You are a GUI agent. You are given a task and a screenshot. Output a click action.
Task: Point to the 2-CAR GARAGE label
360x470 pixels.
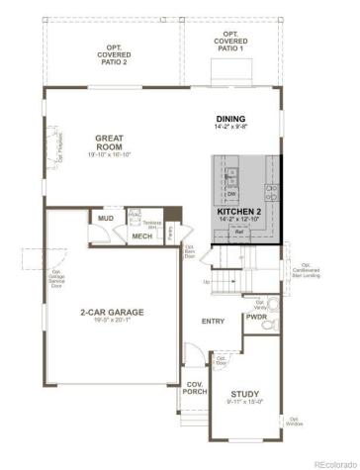pyautogui.click(x=112, y=313)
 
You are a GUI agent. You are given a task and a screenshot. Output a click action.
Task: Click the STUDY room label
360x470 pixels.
pyautogui.click(x=244, y=393)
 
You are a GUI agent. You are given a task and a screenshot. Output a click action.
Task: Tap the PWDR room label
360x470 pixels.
pyautogui.click(x=256, y=319)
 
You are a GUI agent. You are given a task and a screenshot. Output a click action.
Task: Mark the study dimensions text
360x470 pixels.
pyautogui.click(x=244, y=402)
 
